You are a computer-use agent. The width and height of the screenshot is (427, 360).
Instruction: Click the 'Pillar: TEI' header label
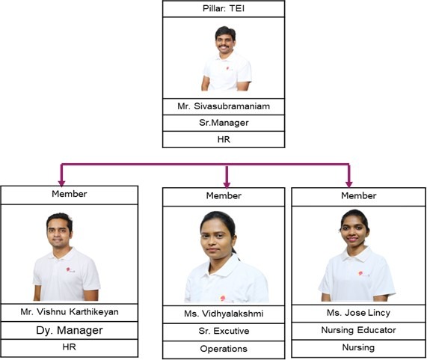pos(224,8)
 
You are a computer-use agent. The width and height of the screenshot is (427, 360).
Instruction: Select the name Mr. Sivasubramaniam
pos(224,106)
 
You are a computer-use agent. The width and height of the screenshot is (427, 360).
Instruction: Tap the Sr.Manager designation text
pos(224,123)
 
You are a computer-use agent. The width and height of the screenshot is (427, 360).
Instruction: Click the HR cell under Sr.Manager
pos(224,139)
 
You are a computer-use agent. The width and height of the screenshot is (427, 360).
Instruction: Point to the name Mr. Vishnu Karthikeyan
pos(70,312)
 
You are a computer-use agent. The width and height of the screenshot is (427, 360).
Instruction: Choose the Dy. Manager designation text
pos(70,330)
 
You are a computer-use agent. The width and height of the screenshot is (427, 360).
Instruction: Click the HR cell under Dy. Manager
pos(69,347)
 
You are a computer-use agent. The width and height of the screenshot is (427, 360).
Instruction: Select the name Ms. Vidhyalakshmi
pos(224,314)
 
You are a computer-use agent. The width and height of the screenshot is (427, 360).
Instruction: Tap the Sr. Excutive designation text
pos(224,331)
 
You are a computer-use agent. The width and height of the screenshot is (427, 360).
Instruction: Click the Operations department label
pos(224,349)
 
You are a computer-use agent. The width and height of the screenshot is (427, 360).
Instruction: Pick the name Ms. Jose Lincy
pos(358,313)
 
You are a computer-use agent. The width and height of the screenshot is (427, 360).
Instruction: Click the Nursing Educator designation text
pos(358,330)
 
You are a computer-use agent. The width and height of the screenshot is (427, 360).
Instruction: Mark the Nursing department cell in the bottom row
pos(358,347)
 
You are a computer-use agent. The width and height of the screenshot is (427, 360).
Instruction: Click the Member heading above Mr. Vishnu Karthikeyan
pos(70,194)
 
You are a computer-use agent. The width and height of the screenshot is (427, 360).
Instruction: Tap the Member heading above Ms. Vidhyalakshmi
pos(224,195)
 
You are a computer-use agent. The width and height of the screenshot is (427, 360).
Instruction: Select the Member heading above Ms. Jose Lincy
pos(359,195)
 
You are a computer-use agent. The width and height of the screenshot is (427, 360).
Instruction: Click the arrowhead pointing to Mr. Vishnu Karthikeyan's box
pos(62,183)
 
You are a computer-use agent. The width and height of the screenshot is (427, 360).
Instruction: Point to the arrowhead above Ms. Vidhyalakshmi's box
pos(227,185)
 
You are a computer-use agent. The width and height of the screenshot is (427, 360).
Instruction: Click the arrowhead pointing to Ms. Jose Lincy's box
pos(348,184)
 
